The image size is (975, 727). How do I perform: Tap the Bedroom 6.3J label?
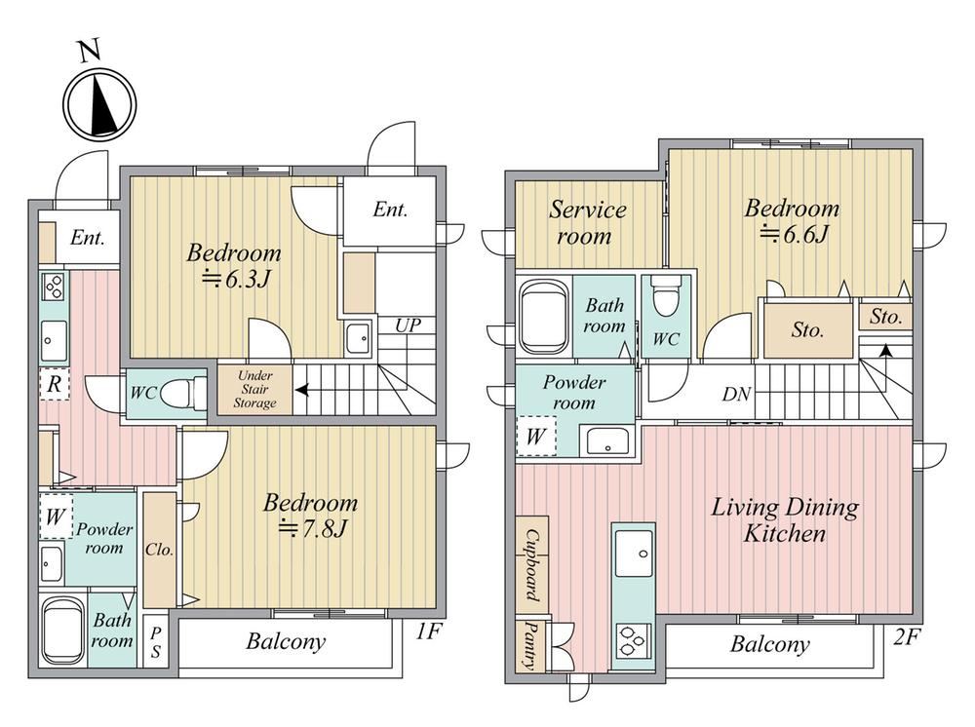[x=234, y=266]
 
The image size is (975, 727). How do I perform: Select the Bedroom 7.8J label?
[x=310, y=516]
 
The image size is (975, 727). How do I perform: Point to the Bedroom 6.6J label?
[x=792, y=220]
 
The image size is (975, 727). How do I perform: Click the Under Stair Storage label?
[x=254, y=389]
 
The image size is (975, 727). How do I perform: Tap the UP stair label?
[x=408, y=325]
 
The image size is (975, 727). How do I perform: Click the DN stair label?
[x=736, y=394]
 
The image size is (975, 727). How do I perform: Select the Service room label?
[x=586, y=222]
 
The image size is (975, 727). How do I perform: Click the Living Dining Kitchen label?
[x=785, y=520]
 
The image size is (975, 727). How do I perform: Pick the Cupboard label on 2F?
[x=531, y=565]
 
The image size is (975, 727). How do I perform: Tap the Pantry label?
[x=530, y=646]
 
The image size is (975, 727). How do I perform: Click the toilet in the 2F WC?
[x=665, y=295]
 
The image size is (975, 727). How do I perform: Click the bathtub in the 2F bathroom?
[x=544, y=318]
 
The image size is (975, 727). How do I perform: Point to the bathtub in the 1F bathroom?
[x=62, y=631]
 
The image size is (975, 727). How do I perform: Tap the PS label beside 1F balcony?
[x=155, y=642]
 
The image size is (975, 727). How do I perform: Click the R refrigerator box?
[x=54, y=385]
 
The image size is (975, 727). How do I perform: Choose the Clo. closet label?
[x=159, y=550]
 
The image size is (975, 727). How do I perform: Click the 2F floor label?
[x=906, y=636]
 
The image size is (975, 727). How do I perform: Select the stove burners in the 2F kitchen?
[x=634, y=640]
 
